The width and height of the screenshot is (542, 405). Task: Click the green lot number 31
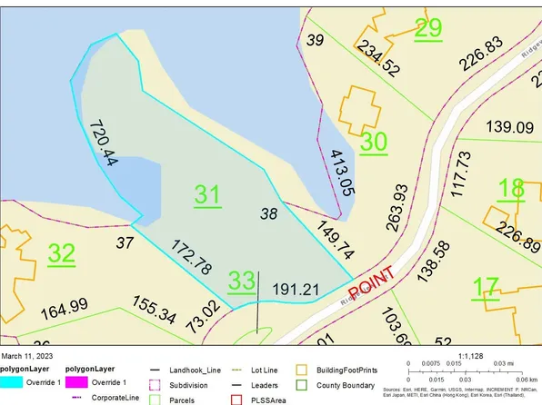tap(207, 193)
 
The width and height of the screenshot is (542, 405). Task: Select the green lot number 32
tap(62, 253)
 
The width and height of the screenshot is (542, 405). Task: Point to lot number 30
tap(374, 142)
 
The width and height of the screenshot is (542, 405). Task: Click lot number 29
tap(427, 27)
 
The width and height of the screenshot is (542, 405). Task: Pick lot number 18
tap(511, 189)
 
